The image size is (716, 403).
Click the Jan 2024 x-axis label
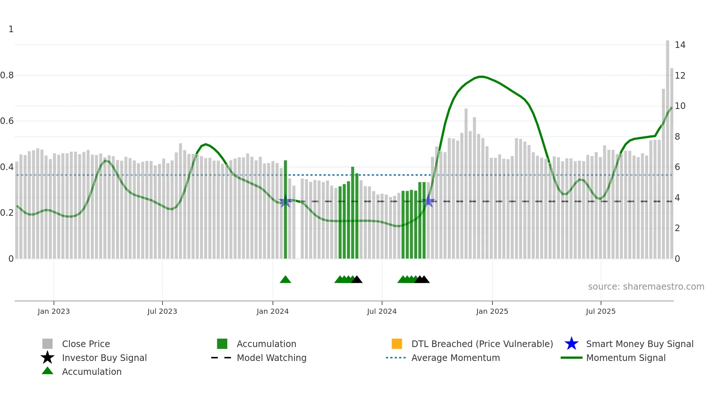(273, 311)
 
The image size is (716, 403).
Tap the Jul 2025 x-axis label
(601, 311)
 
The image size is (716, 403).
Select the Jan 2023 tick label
(54, 311)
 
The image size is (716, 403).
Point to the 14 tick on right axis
(680, 45)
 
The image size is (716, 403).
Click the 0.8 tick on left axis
(7, 75)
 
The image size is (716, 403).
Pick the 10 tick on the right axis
(680, 106)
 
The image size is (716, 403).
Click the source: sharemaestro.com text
(646, 287)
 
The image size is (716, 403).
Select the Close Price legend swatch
(47, 344)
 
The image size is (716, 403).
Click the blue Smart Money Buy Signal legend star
(571, 344)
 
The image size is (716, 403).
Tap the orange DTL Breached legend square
(397, 344)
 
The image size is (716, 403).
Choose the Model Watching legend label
(271, 358)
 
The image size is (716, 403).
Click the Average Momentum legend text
(456, 358)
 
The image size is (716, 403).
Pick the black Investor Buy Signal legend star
(47, 358)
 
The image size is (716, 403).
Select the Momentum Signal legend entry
(626, 358)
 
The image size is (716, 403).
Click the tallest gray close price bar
(667, 146)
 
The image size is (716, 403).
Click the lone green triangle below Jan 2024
(285, 280)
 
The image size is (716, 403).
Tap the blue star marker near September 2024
(428, 201)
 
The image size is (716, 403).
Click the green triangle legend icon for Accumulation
(47, 371)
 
